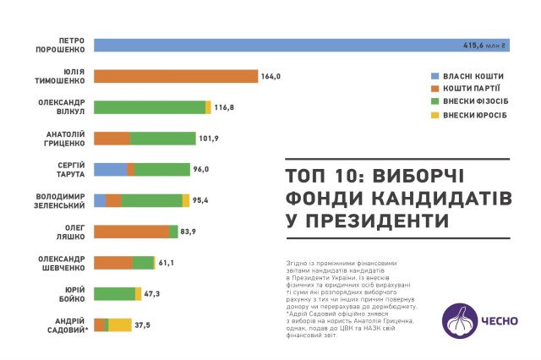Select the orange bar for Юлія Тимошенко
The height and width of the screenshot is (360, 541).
[x=175, y=76]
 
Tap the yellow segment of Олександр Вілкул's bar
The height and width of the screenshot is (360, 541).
[x=208, y=107]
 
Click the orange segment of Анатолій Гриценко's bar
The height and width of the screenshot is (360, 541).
[x=112, y=139]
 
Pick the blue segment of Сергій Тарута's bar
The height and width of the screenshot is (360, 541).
[x=110, y=169]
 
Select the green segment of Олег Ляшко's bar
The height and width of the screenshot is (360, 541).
[x=173, y=232]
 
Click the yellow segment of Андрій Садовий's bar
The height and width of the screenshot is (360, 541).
[x=120, y=325]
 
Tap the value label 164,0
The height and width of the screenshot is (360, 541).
[x=270, y=76]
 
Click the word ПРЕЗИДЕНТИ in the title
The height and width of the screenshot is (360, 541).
[x=366, y=221]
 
